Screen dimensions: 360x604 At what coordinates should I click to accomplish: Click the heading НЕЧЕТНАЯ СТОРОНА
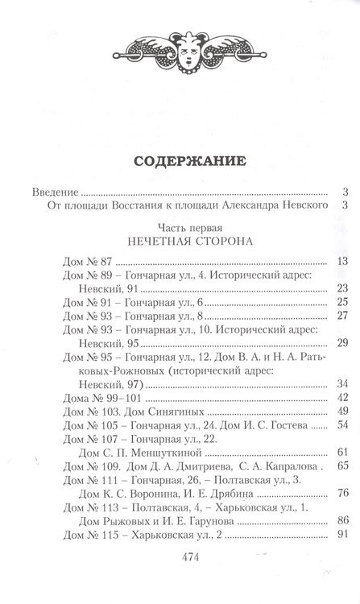tap(180, 242)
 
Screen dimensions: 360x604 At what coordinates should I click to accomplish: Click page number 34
tap(341, 384)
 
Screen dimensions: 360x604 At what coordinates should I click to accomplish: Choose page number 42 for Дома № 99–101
tap(341, 398)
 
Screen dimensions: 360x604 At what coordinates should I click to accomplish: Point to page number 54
tap(341, 425)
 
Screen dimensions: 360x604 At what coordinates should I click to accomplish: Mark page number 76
tap(341, 493)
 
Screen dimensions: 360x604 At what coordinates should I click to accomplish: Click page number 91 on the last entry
tap(341, 535)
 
